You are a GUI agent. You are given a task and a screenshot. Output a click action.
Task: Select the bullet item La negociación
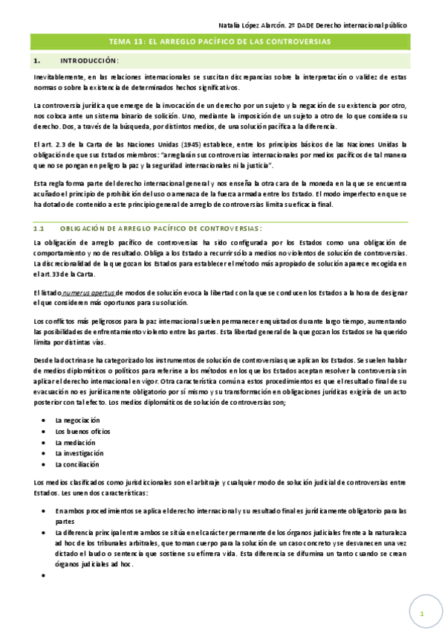[77, 420]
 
